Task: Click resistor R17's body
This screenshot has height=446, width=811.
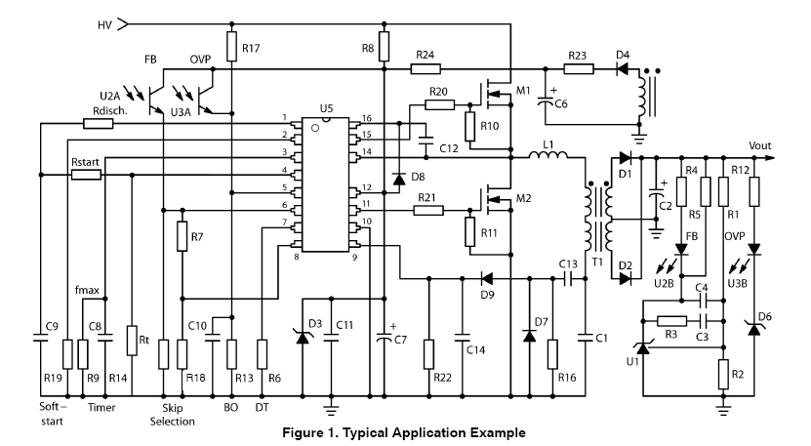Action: point(231,46)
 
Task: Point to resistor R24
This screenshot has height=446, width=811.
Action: point(426,69)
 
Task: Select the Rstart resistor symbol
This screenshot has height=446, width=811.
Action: point(87,175)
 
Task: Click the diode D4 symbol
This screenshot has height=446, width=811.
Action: point(620,69)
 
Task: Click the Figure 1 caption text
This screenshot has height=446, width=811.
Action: point(403,431)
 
